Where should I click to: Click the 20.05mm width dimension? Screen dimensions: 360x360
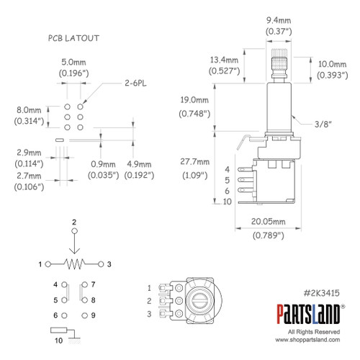[x=268, y=223]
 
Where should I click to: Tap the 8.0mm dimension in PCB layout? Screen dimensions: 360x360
[x=27, y=111]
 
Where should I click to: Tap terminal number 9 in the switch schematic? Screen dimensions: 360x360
[x=93, y=315]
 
